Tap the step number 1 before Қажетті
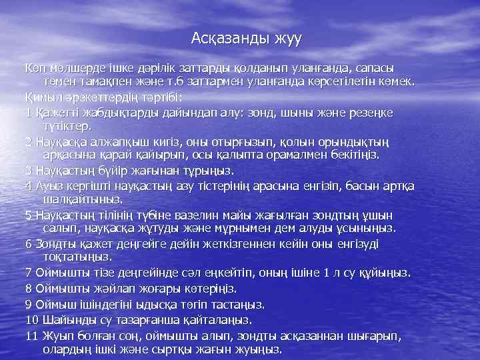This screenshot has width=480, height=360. pos(28,112)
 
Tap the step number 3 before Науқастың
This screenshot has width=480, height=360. pos(28,170)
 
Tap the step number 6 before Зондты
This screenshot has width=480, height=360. pos(28,243)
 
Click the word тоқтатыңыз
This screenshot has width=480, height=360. pos(76,256)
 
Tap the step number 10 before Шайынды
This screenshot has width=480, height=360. pos(31,319)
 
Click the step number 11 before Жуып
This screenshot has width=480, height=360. pos(31,335)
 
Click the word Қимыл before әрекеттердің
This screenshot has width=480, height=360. pos(43,97)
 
